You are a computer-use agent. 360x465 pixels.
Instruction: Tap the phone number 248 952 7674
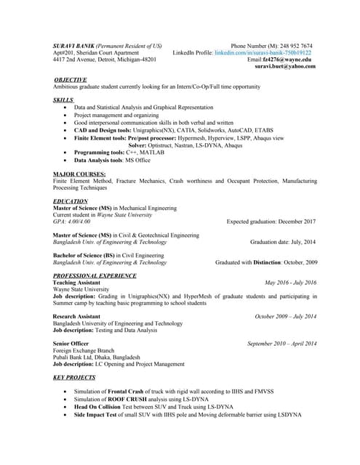pos(297,46)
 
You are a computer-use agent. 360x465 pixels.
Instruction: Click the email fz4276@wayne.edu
pos(292,60)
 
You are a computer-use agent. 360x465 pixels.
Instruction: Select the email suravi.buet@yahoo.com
pos(285,66)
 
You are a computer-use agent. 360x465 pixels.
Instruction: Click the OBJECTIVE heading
pos(71,78)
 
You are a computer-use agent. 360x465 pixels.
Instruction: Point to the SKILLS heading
pos(63,99)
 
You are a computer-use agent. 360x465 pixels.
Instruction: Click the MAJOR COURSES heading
pos(79,174)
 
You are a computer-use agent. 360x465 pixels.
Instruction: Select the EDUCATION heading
pos(71,201)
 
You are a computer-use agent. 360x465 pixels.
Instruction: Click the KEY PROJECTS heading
pos(74,378)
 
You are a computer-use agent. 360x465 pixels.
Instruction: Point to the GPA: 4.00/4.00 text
pos(72,221)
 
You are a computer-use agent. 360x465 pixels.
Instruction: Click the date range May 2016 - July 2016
pos(290,283)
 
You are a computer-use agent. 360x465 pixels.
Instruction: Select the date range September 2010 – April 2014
pos(281,344)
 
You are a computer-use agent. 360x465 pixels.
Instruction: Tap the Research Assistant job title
pos(76,317)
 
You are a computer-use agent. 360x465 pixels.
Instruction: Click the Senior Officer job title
pos(71,344)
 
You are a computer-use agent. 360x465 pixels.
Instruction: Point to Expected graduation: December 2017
pos(271,221)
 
